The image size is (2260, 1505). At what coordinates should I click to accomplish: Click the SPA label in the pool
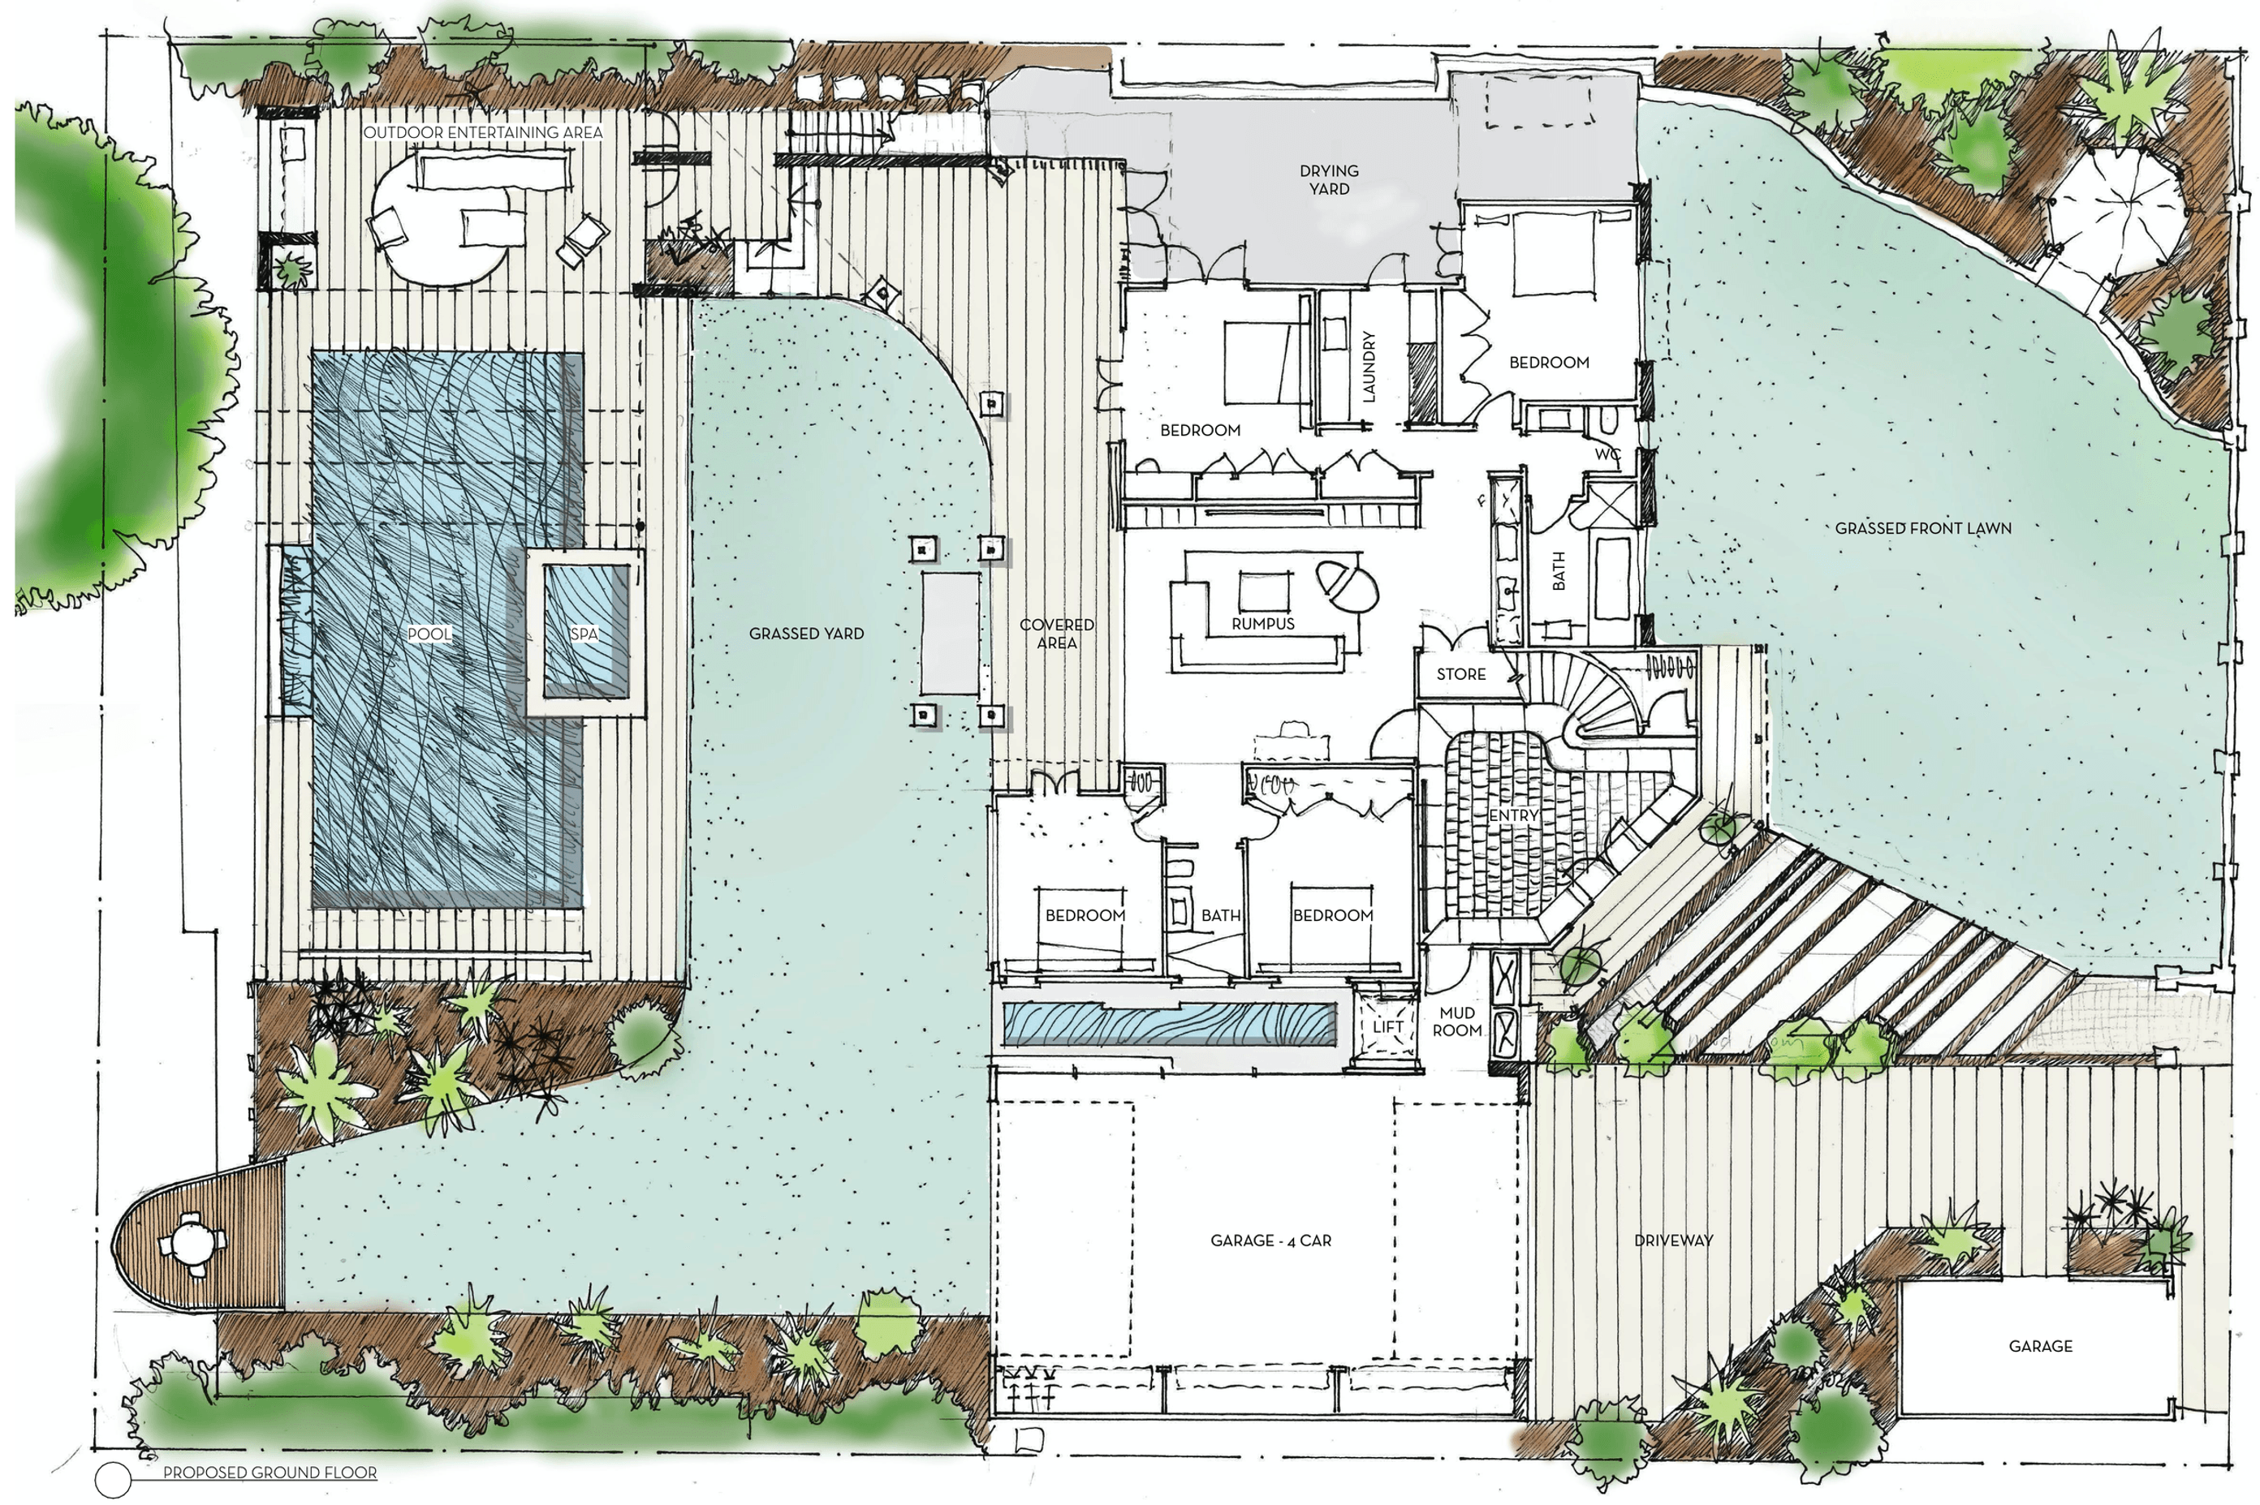pyautogui.click(x=584, y=635)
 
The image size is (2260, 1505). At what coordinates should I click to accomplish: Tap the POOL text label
pyautogui.click(x=429, y=634)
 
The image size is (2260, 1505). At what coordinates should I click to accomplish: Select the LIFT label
pyautogui.click(x=1388, y=1026)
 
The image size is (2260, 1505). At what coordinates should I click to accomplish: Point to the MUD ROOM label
pyautogui.click(x=1457, y=1021)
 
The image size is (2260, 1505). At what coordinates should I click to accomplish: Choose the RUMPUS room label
pyautogui.click(x=1262, y=624)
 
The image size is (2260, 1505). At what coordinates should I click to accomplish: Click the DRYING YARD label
pyautogui.click(x=1329, y=179)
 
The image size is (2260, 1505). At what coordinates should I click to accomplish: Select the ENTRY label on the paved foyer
pyautogui.click(x=1514, y=815)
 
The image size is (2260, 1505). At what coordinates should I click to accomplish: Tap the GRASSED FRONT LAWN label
pyautogui.click(x=1923, y=528)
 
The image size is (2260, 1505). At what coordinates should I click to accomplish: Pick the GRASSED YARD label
pyautogui.click(x=805, y=634)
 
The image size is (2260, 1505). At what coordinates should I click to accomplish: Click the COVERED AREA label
pyautogui.click(x=1056, y=634)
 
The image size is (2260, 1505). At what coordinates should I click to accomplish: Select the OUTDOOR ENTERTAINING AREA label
pyautogui.click(x=483, y=131)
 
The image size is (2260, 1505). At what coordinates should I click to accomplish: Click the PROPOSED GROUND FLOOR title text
pyautogui.click(x=270, y=1473)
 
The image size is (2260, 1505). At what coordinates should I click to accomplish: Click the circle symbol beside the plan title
pyautogui.click(x=114, y=1478)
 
